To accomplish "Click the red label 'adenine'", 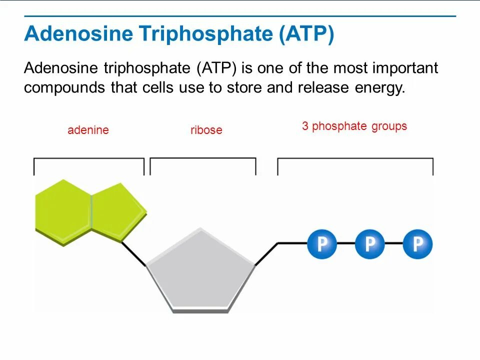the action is point(88,130).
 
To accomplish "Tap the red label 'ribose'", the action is point(206,130).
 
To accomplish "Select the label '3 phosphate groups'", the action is point(354,126).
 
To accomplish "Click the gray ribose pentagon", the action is point(201,270).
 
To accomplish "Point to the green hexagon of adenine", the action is point(62,210).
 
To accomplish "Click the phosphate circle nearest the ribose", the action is point(322,243).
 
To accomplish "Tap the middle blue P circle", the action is point(370,243).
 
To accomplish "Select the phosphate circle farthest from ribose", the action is point(417,243).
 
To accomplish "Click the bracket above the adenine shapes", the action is point(88,159).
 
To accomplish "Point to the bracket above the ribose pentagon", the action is point(203,159).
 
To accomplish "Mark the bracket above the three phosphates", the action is point(355,159).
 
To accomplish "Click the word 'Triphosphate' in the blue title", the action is point(205,34).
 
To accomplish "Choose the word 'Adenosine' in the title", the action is point(77,34).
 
